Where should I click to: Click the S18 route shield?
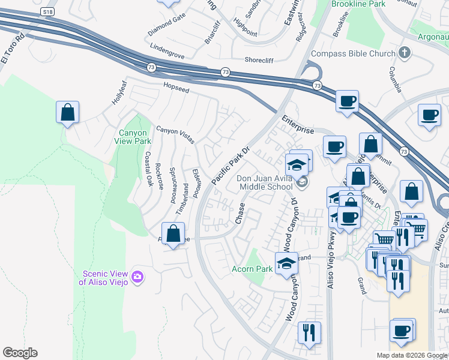[47, 11]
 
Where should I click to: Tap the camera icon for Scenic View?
[138, 277]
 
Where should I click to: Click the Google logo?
[20, 353]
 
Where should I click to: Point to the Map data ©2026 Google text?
[412, 355]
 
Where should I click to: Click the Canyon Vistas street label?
[175, 134]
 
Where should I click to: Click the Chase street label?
[241, 212]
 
